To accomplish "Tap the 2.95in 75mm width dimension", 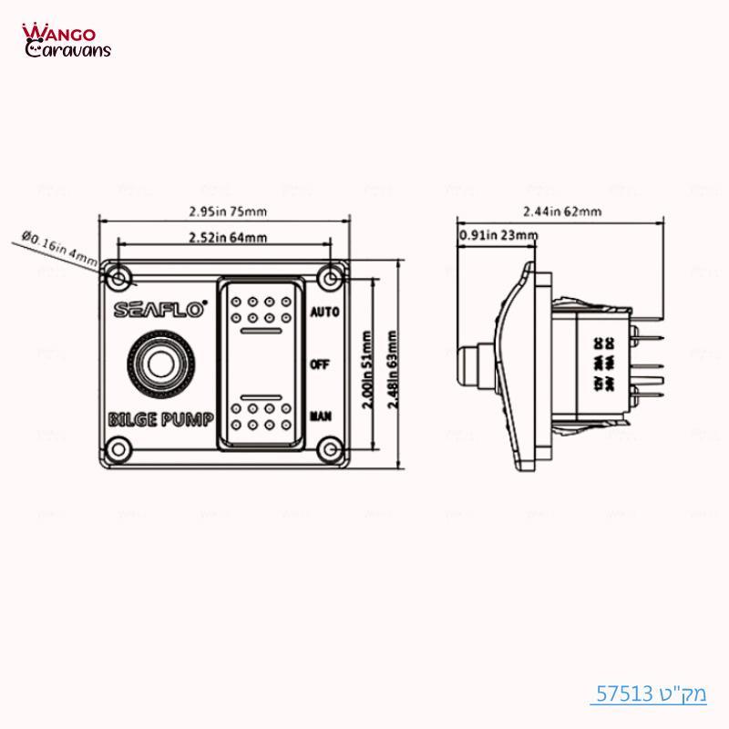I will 227,211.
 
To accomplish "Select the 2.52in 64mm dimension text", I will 227,239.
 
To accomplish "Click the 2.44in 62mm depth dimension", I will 564,211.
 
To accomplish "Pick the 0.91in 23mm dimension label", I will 498,236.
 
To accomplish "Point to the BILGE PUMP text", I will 160,420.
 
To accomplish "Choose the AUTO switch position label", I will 324,312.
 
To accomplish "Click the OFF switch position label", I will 320,364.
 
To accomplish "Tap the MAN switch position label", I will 320,416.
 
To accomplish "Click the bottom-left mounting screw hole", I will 117,447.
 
